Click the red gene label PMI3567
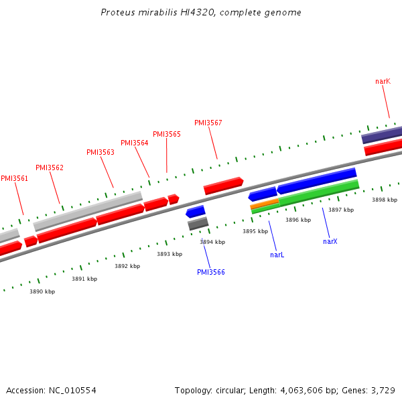pyautogui.click(x=208, y=123)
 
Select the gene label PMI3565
pyautogui.click(x=167, y=134)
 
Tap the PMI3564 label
pyautogui.click(x=135, y=143)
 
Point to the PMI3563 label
pyautogui.click(x=100, y=152)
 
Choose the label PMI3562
pyautogui.click(x=50, y=167)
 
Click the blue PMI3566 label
pyautogui.click(x=211, y=272)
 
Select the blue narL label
pyautogui.click(x=277, y=255)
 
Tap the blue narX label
pyautogui.click(x=330, y=241)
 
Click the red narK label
pyautogui.click(x=383, y=81)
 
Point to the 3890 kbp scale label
pyautogui.click(x=42, y=291)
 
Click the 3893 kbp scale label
pyautogui.click(x=170, y=254)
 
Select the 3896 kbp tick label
pyautogui.click(x=298, y=220)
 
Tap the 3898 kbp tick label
pyautogui.click(x=385, y=200)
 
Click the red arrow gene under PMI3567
pyautogui.click(x=223, y=186)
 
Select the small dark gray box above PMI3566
pyautogui.click(x=198, y=224)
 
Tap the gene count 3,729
pyautogui.click(x=383, y=390)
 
